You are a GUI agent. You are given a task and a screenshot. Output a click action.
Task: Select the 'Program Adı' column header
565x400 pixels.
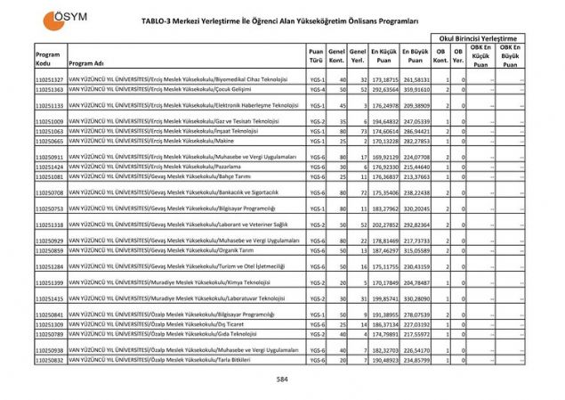[86, 63]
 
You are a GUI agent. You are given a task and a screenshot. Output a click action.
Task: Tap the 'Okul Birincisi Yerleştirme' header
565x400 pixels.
[476, 38]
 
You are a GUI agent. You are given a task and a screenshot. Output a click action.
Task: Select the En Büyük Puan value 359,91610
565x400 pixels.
[416, 90]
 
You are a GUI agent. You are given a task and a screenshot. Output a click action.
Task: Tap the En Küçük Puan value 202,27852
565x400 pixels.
[383, 224]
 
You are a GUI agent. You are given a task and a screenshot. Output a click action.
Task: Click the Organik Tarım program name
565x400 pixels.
[160, 250]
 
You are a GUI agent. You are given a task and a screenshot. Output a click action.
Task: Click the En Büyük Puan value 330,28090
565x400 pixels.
[416, 298]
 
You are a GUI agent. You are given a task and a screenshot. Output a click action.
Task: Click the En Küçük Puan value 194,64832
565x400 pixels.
[383, 120]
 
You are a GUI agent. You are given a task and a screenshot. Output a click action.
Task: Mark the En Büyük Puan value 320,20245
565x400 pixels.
[416, 208]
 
